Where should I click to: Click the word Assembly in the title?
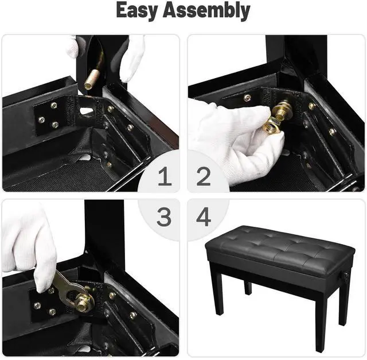(209, 11)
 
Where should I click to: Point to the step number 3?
(165, 217)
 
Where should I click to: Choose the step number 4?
(203, 217)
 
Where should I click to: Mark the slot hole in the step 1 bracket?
(86, 110)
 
